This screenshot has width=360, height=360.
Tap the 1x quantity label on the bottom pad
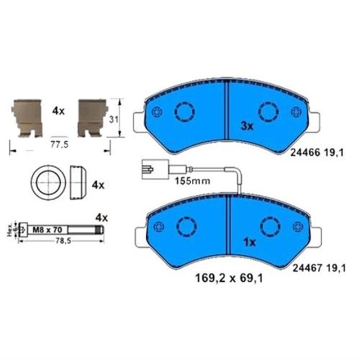point(247,242)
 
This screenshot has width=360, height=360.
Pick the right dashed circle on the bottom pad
point(268,226)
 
